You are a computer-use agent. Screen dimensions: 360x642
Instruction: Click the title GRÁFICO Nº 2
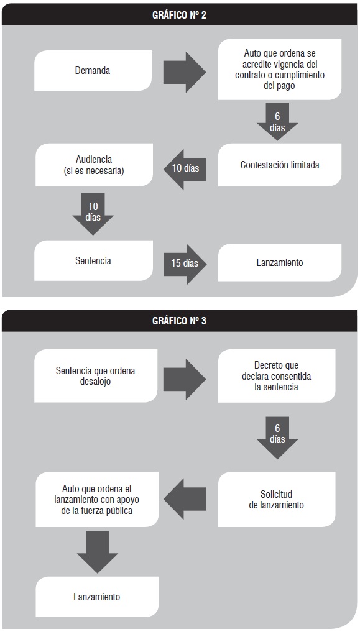tap(180, 15)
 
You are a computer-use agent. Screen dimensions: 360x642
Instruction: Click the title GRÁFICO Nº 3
tap(180, 321)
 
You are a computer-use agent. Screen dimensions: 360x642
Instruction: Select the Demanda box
tap(93, 70)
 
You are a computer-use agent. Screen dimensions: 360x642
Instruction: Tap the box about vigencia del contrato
tap(280, 69)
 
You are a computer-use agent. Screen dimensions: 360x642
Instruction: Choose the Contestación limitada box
tap(280, 165)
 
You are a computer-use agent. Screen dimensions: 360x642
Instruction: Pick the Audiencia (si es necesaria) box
tap(95, 165)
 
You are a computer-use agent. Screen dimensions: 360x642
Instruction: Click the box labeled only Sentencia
tap(93, 260)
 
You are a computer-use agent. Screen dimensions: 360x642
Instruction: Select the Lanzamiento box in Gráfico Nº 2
tap(280, 262)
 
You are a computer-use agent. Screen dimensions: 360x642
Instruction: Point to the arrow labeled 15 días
tap(185, 264)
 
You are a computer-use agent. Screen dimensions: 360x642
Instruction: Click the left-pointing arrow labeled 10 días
tap(185, 168)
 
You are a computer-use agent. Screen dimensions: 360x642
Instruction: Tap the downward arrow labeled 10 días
tap(93, 214)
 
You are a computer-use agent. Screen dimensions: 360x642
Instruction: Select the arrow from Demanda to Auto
tap(185, 72)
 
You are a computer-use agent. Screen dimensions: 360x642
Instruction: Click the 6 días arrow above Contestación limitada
tap(277, 122)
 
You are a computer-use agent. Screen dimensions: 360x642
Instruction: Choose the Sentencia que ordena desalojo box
tap(96, 375)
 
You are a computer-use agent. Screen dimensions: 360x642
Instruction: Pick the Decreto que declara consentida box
tap(277, 375)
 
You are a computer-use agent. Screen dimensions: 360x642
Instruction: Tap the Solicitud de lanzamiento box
tap(277, 499)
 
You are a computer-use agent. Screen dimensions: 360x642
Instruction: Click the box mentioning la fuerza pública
tap(97, 499)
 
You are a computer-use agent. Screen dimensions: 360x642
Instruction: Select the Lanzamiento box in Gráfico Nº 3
tap(97, 597)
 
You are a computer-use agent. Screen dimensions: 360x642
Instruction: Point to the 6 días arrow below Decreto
tap(277, 438)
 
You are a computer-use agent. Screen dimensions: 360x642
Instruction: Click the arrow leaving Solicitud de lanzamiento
tap(185, 499)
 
